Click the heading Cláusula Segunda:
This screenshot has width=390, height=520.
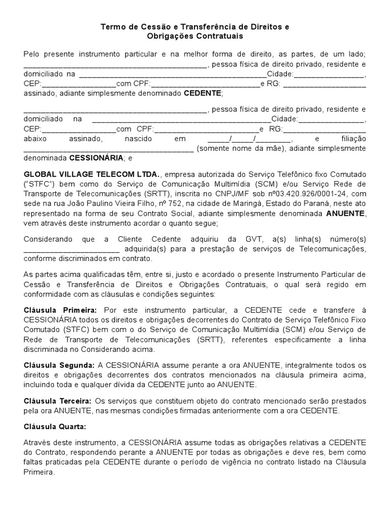59,365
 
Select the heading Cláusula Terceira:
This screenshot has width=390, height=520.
57,401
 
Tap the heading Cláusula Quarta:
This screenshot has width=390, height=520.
55,426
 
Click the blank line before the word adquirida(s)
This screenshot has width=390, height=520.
71,248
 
